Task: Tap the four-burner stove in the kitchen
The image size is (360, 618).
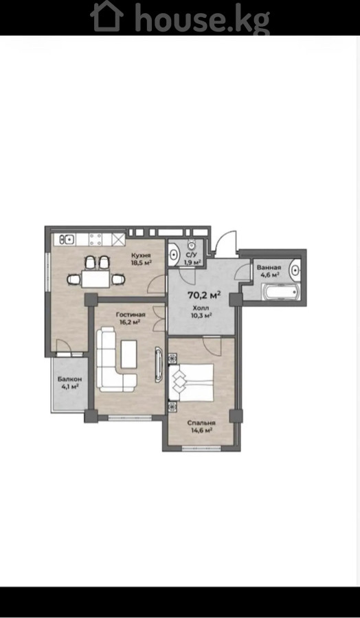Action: click(x=95, y=239)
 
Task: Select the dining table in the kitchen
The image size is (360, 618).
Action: click(x=95, y=279)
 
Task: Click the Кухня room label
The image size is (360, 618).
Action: click(x=142, y=255)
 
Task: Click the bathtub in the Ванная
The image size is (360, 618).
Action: click(x=281, y=293)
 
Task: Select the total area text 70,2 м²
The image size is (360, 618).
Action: click(x=204, y=295)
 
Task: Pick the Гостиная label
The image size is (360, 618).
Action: click(x=131, y=314)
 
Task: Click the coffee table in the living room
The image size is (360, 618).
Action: click(x=128, y=354)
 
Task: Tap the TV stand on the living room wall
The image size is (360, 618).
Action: click(x=159, y=364)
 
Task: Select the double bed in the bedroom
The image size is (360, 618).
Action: click(x=191, y=382)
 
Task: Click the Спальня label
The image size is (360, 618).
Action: click(x=201, y=423)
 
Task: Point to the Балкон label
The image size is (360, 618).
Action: click(x=70, y=379)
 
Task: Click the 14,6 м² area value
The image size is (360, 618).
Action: click(x=201, y=431)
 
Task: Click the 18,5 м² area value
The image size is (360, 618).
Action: click(x=142, y=262)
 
